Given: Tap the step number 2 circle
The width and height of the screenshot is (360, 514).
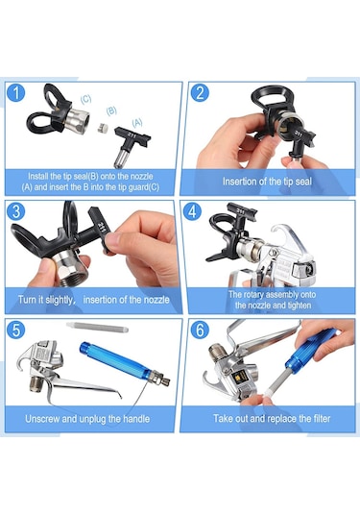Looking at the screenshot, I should [x=201, y=94].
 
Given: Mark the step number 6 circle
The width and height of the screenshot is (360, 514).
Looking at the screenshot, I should [x=201, y=330].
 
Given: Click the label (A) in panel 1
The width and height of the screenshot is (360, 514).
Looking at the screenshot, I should [x=137, y=122].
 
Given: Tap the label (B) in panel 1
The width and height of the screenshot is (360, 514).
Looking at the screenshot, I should [x=111, y=110].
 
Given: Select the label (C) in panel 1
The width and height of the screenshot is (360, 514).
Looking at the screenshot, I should [x=85, y=97].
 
